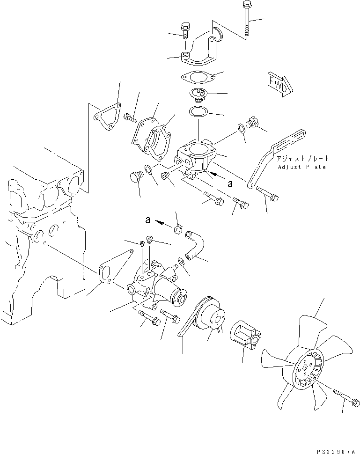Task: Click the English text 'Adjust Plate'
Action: (x=302, y=167)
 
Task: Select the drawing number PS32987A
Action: (x=336, y=451)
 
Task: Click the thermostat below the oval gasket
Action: (x=198, y=95)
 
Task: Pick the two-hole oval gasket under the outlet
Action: (x=198, y=77)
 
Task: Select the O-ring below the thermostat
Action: (x=198, y=111)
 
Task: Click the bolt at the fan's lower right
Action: (x=347, y=397)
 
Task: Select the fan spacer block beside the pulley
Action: (x=246, y=335)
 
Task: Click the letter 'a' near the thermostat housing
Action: (x=230, y=183)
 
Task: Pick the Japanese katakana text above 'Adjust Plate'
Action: (x=302, y=158)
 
